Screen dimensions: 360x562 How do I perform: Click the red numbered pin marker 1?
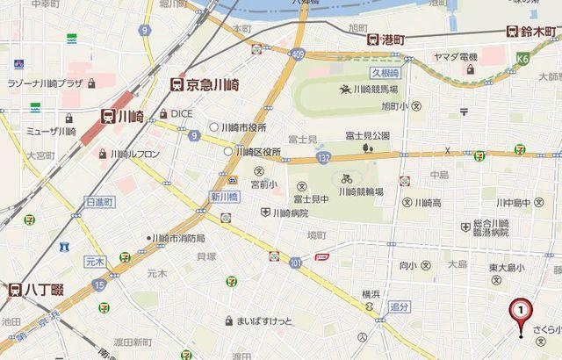tap(522, 310)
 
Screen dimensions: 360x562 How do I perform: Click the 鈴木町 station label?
tap(532, 32)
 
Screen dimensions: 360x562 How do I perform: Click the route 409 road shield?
tap(298, 54)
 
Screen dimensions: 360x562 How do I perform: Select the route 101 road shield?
tap(295, 263)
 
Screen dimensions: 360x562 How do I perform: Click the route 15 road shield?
tap(99, 285)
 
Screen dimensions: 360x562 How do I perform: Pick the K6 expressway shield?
tap(522, 59)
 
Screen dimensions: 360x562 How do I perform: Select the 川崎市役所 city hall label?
tap(244, 127)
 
